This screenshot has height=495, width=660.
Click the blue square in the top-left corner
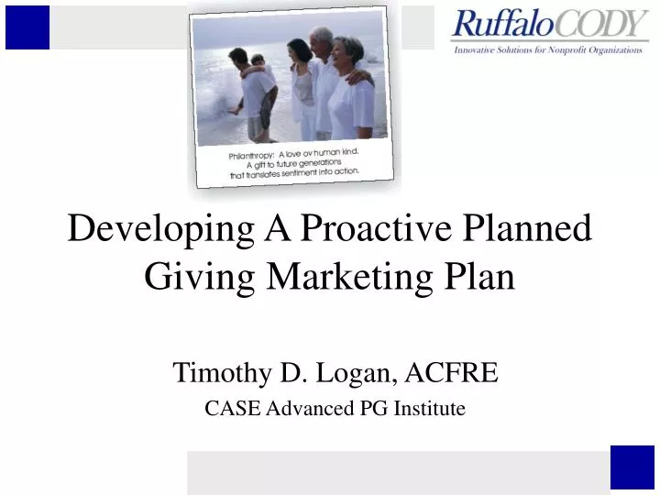point(27,27)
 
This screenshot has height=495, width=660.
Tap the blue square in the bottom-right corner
point(632,467)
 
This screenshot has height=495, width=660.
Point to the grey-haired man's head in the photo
point(322,39)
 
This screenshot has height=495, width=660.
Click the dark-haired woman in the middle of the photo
point(300,78)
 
